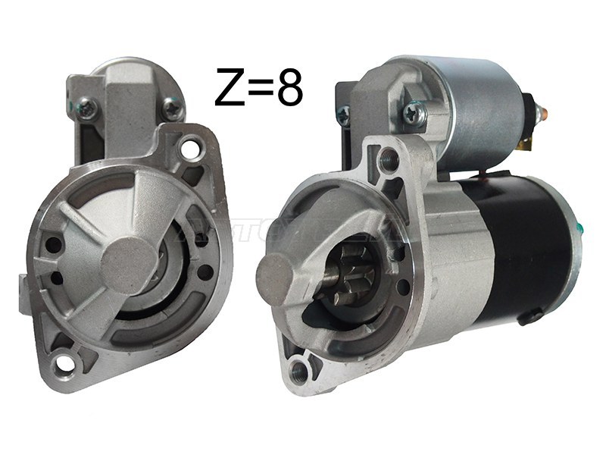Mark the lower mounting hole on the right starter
tap(301, 369)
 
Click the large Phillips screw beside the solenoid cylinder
tap(415, 115)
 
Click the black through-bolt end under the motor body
tap(533, 312)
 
